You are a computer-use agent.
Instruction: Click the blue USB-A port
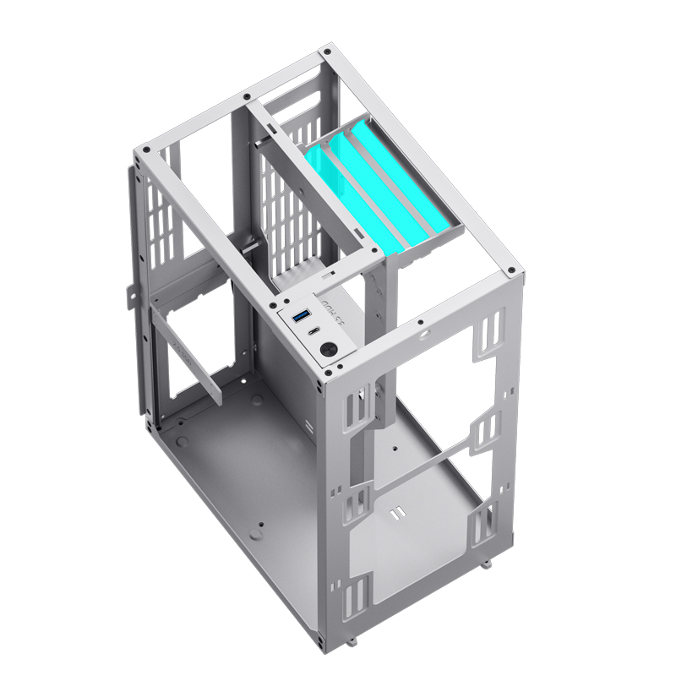tap(300, 318)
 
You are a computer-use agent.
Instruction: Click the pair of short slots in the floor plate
tap(395, 514)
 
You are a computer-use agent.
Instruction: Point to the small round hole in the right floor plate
tap(393, 442)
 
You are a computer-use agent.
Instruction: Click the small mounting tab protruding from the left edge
tap(131, 292)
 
